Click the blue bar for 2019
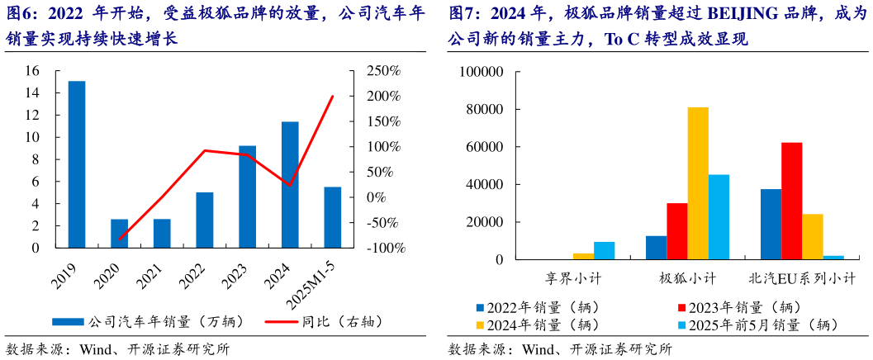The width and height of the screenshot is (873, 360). [x=77, y=164]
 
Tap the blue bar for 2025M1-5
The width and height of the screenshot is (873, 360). [x=333, y=217]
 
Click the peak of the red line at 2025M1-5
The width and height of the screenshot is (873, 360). [x=333, y=96]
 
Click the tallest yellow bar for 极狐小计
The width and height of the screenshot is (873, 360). [x=698, y=183]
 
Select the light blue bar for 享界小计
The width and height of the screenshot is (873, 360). [x=605, y=251]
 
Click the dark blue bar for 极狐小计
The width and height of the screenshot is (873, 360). [x=656, y=248]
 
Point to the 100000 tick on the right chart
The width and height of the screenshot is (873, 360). [x=481, y=72]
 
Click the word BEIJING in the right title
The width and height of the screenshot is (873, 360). [x=715, y=14]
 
